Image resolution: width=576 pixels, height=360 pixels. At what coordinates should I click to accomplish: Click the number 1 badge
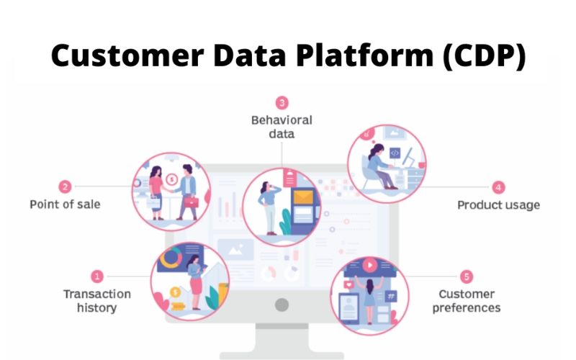click(97, 276)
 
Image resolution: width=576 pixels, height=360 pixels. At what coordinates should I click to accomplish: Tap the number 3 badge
click(282, 102)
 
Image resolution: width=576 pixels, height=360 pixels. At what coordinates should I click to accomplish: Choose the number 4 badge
click(498, 187)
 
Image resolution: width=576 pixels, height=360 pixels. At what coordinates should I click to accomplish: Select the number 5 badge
click(467, 276)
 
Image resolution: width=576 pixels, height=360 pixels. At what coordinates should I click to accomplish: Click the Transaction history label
click(97, 301)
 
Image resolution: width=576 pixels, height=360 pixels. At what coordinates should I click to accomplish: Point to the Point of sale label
click(65, 204)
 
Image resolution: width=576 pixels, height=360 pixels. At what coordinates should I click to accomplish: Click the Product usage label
click(498, 205)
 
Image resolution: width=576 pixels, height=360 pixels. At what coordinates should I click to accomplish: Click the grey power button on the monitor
click(282, 304)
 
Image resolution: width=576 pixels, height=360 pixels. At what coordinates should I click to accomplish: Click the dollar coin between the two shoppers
click(171, 179)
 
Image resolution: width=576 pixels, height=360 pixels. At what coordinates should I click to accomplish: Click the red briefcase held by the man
click(191, 202)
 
